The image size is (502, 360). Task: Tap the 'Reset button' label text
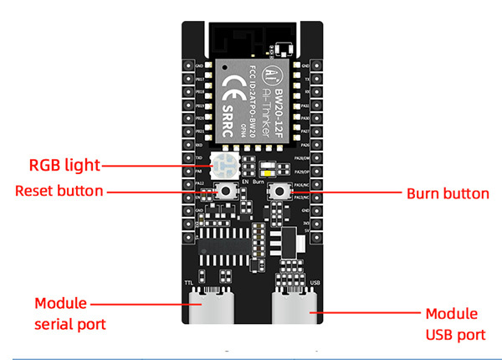59,191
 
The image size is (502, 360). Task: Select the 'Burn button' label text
447,193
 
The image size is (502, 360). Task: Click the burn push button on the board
275,193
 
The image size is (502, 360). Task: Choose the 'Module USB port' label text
451,323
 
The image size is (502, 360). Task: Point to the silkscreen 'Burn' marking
259,180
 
